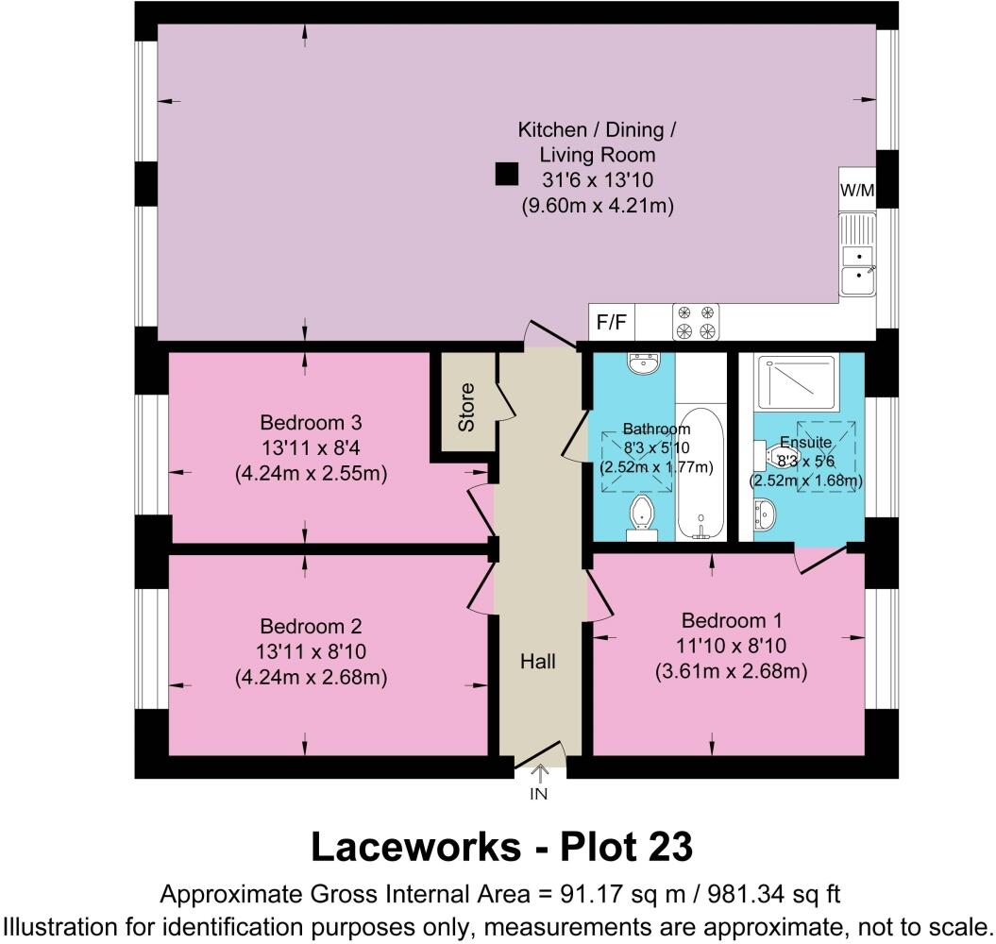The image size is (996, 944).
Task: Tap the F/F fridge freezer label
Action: tap(612, 323)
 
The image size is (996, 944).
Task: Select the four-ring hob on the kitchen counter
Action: tap(696, 322)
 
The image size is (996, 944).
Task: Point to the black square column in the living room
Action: tap(507, 174)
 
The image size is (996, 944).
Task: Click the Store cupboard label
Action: tap(466, 407)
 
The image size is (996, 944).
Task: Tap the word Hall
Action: tap(537, 662)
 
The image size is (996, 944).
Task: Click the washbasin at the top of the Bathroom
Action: tap(646, 363)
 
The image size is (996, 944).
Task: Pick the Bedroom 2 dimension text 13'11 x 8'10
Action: tap(311, 651)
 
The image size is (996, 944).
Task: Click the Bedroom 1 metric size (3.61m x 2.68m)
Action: tap(732, 671)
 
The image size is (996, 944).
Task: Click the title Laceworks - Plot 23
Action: tap(501, 848)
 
